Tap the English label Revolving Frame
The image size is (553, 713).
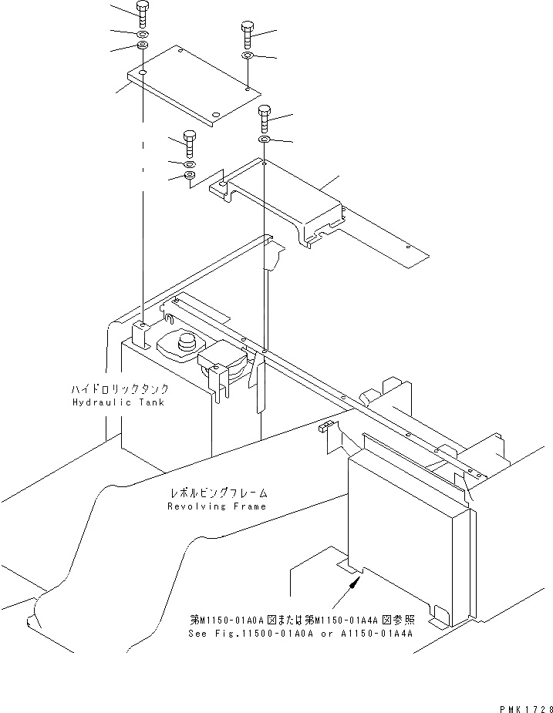pos(217,506)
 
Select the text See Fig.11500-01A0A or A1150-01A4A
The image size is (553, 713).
pos(301,634)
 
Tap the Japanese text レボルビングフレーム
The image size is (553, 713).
pos(217,493)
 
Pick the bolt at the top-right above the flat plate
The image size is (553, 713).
pos(247,32)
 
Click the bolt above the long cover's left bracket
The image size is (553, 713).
pos(190,143)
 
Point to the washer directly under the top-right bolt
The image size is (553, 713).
pos(247,56)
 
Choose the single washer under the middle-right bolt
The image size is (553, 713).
pos(264,140)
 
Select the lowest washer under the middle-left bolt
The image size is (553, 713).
pos(190,178)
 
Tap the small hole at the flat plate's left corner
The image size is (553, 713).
pos(143,73)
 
